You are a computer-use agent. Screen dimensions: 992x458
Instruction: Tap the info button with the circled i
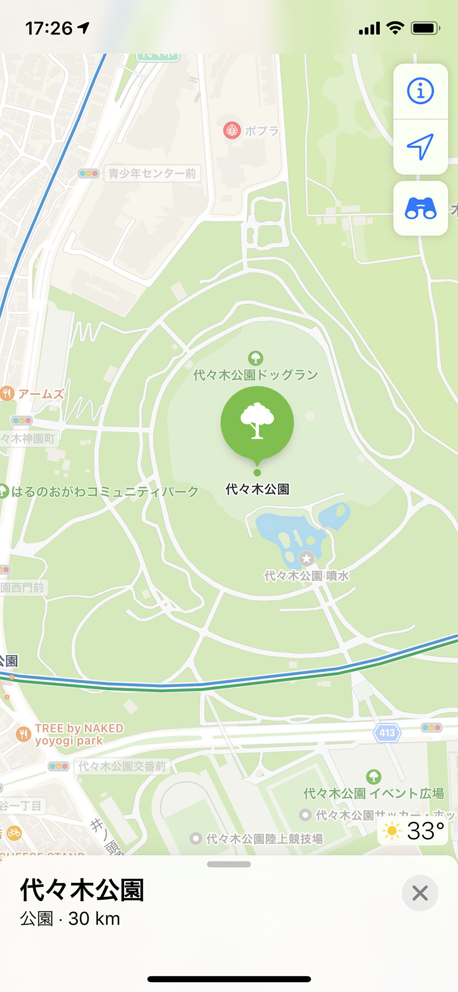pos(420,91)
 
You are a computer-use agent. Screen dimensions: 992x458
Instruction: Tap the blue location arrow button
pos(420,147)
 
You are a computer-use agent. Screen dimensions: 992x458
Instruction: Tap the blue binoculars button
pos(420,208)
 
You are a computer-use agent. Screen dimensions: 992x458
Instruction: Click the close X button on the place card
pos(420,893)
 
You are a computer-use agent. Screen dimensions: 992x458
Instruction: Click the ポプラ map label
pos(262,131)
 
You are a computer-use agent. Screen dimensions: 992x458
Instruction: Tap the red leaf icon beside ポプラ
pos(232,131)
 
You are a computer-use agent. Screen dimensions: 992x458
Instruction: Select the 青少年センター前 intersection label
pos(152,174)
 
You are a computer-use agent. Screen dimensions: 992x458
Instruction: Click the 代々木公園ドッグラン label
pos(256,375)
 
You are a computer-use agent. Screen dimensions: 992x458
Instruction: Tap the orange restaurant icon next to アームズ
pos(7,393)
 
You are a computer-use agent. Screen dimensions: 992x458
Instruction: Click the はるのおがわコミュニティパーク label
pos(105,492)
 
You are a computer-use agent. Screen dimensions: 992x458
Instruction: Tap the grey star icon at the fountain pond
pos(306,559)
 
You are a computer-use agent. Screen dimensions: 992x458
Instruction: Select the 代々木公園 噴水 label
pos(306,576)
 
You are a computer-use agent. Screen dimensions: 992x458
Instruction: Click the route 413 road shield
pos(387,733)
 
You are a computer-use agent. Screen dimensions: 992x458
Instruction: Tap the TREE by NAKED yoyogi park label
pos(79,734)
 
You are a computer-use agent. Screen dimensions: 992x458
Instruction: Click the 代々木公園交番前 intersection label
pos(122,767)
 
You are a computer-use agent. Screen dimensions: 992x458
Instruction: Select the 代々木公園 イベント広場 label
pos(374,794)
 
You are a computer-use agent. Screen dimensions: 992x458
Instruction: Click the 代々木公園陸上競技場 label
pos(265,839)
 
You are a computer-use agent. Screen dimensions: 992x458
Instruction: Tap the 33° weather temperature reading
pos(425,831)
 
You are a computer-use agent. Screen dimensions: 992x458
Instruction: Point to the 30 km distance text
pos(94,919)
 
